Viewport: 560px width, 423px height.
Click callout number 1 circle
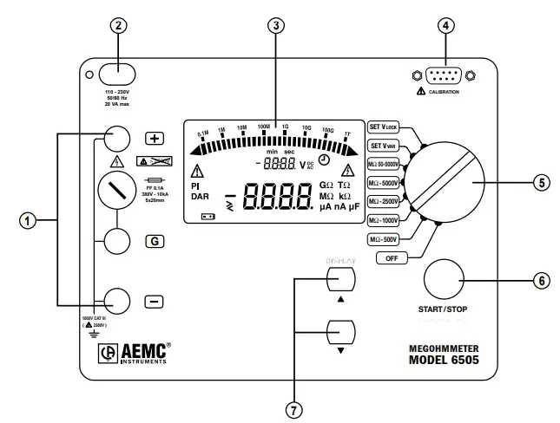point(27,220)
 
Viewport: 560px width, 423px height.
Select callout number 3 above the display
point(275,25)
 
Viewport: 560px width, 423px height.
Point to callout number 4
point(445,25)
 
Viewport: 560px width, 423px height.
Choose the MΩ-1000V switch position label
point(385,220)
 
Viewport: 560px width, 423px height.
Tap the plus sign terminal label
point(154,139)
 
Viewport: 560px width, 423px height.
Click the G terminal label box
point(154,241)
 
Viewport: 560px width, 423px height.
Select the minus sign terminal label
point(154,302)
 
